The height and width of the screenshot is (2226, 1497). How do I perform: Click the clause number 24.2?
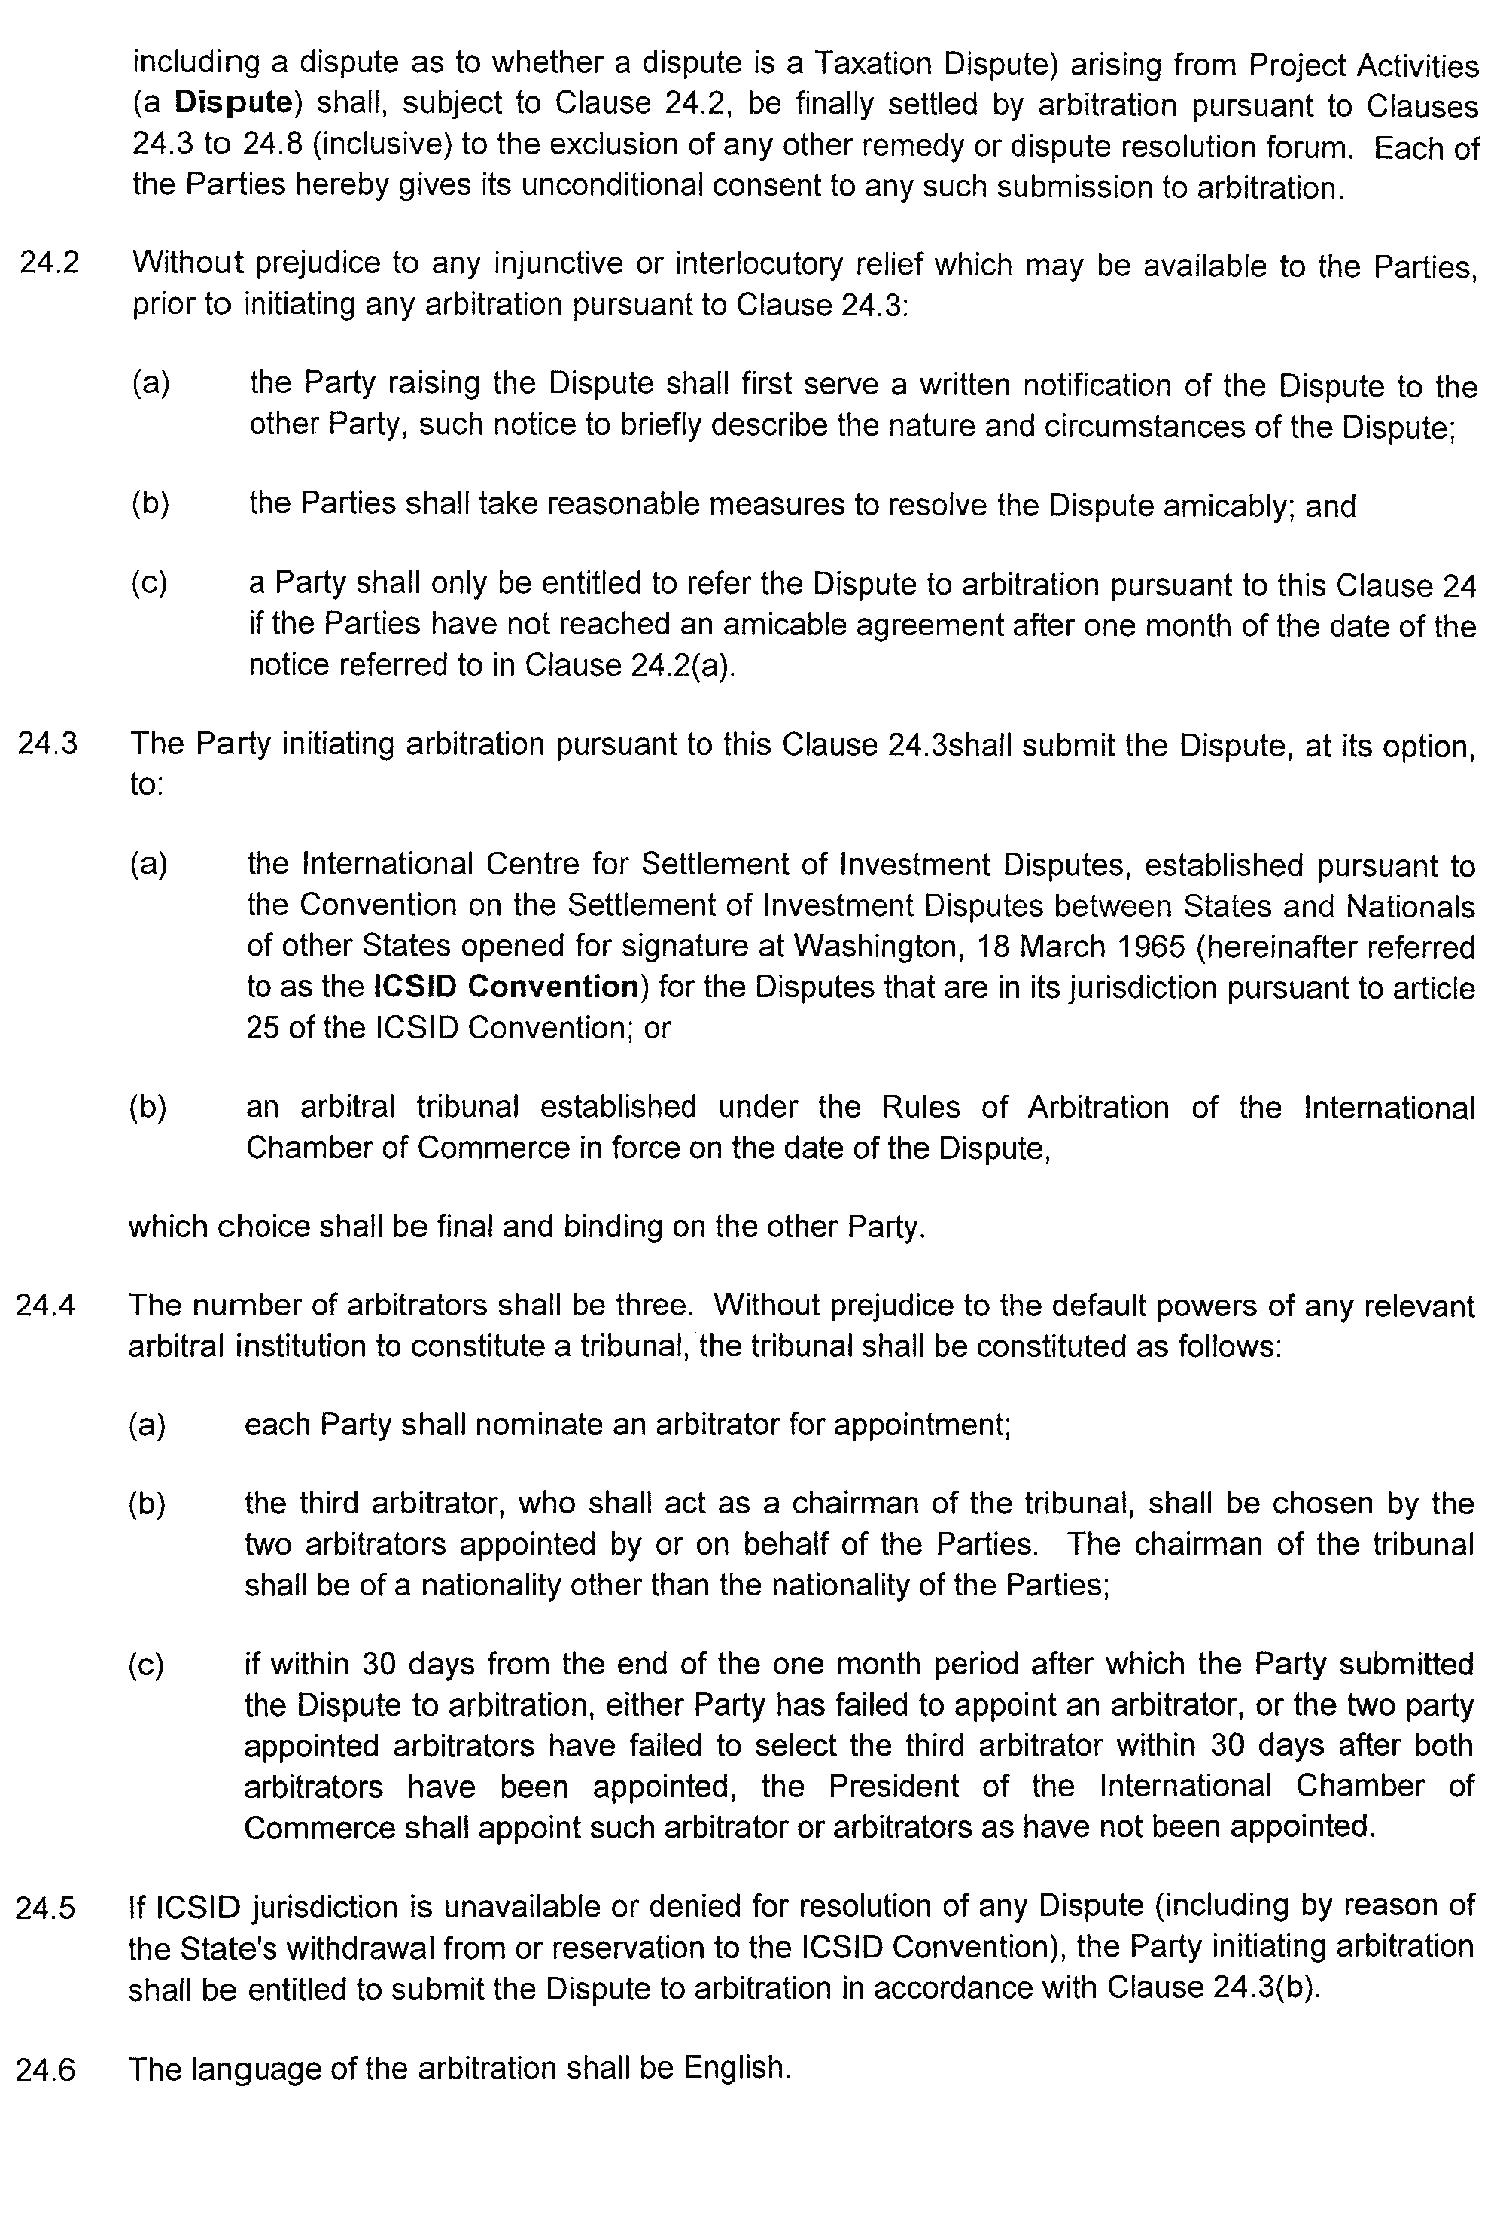pyautogui.click(x=49, y=263)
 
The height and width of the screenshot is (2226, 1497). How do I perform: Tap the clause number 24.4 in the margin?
pyautogui.click(x=45, y=1305)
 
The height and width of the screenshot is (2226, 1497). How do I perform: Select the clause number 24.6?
pyautogui.click(x=45, y=2069)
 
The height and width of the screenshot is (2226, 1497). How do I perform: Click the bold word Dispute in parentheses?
pyautogui.click(x=233, y=102)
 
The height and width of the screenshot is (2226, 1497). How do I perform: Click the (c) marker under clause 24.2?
pyautogui.click(x=149, y=583)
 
